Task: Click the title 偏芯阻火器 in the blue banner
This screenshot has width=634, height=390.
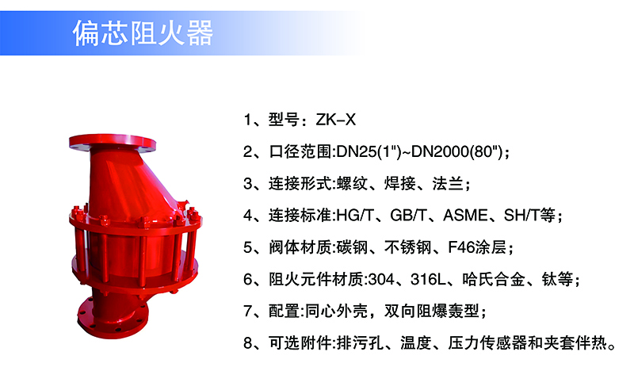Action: (x=143, y=32)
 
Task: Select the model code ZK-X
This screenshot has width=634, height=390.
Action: (x=335, y=120)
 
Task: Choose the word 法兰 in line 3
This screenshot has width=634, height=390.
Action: (x=448, y=184)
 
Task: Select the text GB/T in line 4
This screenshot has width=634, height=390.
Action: (x=408, y=216)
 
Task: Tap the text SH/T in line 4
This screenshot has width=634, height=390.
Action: (x=521, y=216)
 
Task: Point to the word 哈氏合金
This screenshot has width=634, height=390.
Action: (x=494, y=279)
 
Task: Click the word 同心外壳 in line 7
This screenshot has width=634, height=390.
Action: (x=336, y=311)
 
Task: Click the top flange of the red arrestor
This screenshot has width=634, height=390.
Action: (x=113, y=143)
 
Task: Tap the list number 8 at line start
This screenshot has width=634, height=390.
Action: (x=247, y=343)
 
